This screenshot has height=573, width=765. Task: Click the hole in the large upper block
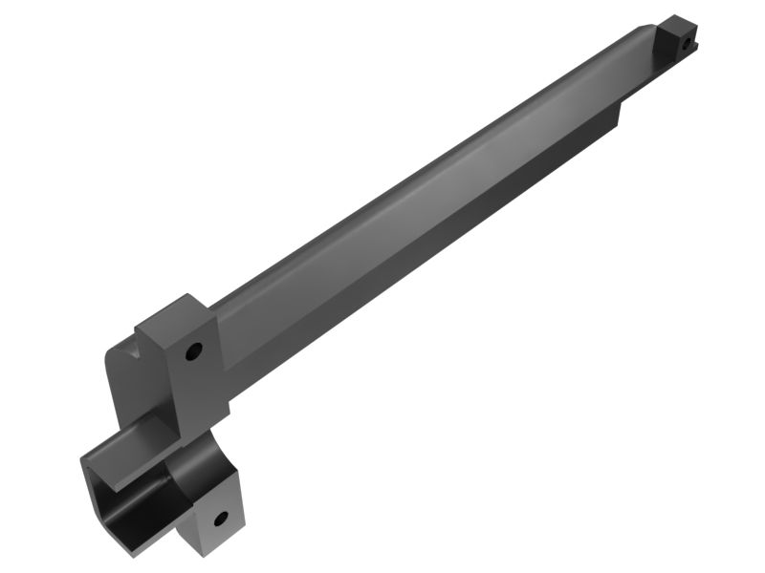point(193,351)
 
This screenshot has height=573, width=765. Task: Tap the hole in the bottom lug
point(220,520)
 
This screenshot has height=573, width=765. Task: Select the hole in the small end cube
point(685,42)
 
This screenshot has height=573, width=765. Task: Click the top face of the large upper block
point(172,315)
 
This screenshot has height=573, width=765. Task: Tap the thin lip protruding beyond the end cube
point(695,45)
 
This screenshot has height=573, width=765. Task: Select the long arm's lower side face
point(430,253)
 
